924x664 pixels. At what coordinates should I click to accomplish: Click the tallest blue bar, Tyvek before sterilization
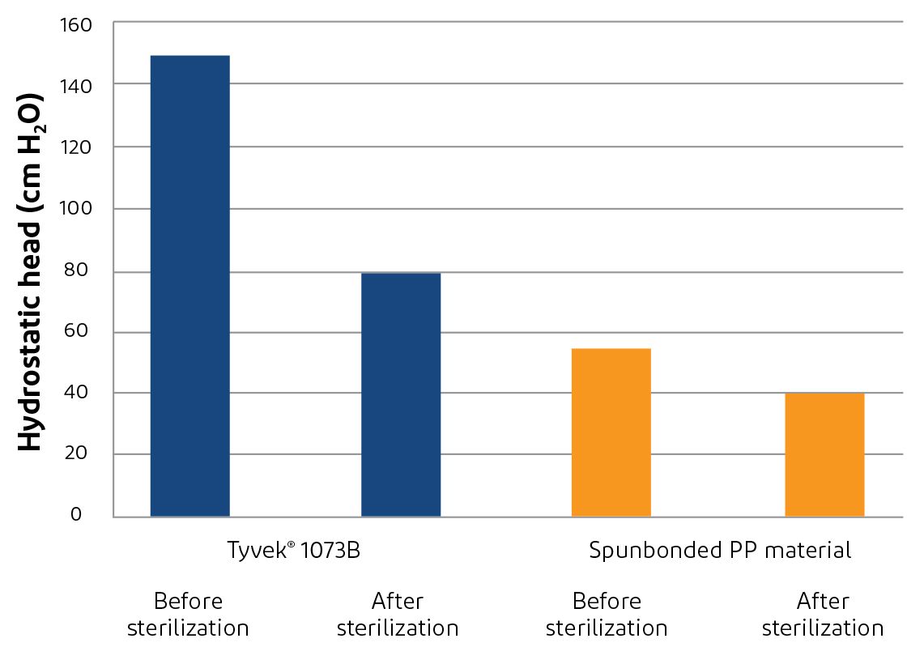(189, 285)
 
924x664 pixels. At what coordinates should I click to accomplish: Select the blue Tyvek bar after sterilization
(401, 394)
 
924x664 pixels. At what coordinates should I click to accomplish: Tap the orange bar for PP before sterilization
(611, 432)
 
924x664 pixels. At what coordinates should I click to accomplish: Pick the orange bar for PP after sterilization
(824, 454)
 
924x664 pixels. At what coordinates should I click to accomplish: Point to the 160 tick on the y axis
(76, 25)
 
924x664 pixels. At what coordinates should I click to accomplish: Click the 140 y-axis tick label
(76, 86)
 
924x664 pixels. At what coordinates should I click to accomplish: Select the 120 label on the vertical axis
(76, 148)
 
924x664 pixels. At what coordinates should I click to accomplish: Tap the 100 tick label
(76, 210)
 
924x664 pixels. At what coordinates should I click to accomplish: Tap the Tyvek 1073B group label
(292, 551)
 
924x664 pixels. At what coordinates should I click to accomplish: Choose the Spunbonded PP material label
(720, 551)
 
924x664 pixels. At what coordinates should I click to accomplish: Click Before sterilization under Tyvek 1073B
(188, 615)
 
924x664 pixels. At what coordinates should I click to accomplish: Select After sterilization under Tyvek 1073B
(397, 615)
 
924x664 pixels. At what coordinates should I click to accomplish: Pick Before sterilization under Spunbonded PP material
(607, 615)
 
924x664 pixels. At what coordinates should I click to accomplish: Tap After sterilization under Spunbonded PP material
(823, 615)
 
